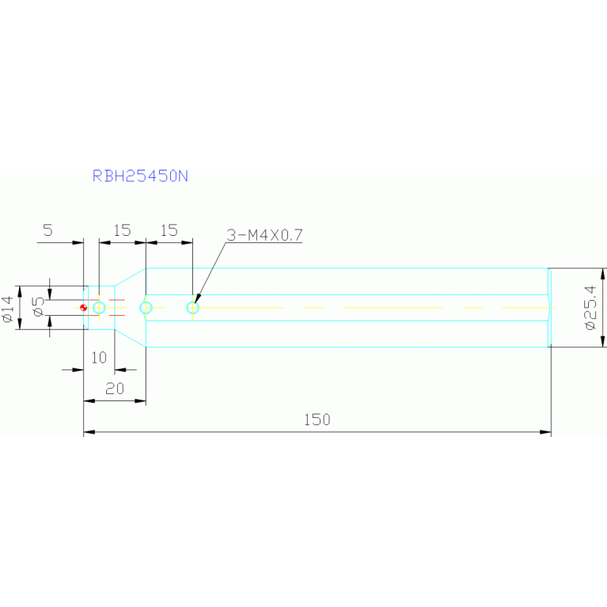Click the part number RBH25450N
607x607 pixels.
coord(140,176)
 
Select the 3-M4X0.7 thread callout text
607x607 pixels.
coord(264,235)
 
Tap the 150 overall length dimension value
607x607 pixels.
coord(317,419)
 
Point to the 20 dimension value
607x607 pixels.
coord(115,389)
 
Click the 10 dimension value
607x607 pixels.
coord(99,358)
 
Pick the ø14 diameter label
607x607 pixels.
coord(8,309)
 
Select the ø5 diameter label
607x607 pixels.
coord(39,306)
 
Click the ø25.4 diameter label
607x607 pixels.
coord(590,307)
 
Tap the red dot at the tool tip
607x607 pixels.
coord(83,308)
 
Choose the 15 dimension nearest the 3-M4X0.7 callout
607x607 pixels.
coord(169,230)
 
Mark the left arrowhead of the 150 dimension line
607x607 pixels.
coord(89,432)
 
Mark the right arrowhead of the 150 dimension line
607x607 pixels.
coord(545,432)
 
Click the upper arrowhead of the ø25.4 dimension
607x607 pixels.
coord(602,274)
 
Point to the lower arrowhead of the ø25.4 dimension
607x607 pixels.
coord(602,341)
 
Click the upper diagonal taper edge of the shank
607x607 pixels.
coord(130,277)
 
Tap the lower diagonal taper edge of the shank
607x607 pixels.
coord(130,339)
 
